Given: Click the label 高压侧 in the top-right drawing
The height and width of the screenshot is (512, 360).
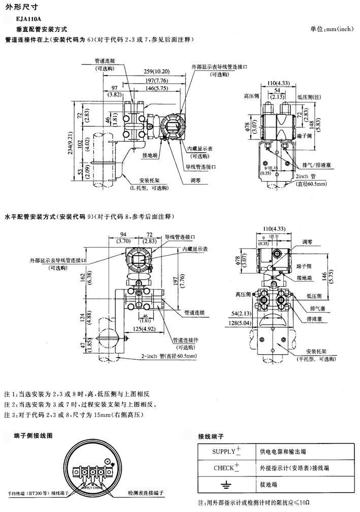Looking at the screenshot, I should pyautogui.click(x=251, y=95).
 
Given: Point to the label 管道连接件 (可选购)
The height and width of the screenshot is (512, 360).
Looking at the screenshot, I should pyautogui.click(x=185, y=343).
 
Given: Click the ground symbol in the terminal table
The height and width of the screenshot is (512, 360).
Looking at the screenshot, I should pyautogui.click(x=225, y=485).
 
